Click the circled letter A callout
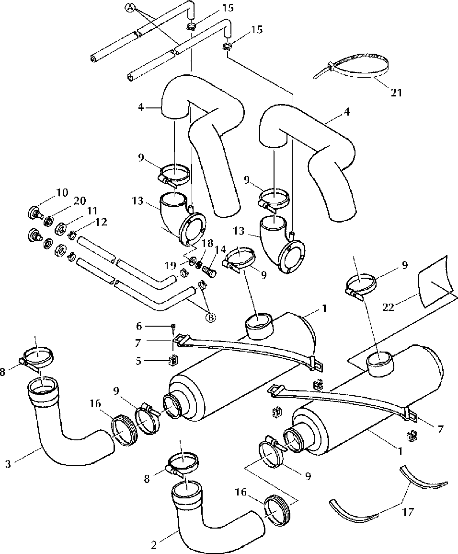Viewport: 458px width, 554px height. point(130,8)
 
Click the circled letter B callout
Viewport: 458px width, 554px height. point(210,318)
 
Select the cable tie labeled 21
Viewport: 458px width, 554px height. point(353,67)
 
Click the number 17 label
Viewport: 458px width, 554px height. point(408,512)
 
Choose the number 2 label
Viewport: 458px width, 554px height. point(153,545)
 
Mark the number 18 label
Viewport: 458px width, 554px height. point(208,243)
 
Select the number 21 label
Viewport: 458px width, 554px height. point(396,93)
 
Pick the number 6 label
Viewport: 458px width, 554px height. point(138,327)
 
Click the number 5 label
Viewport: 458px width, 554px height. point(138,361)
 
